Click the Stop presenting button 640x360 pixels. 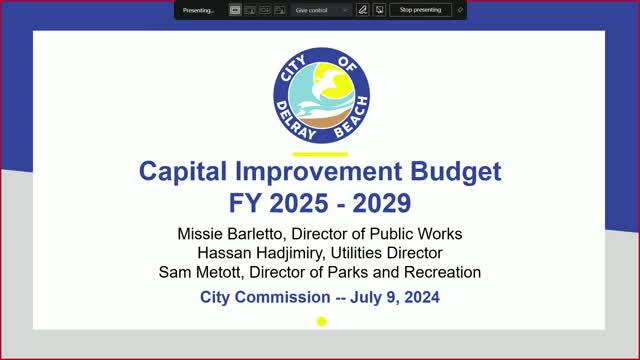420,10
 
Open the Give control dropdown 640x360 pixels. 322,10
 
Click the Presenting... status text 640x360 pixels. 200,10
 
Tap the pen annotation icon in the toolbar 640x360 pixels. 364,10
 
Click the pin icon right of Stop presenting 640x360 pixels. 460,10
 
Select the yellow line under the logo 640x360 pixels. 319,154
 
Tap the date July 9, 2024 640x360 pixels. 393,297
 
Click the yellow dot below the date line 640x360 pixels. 322,321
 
